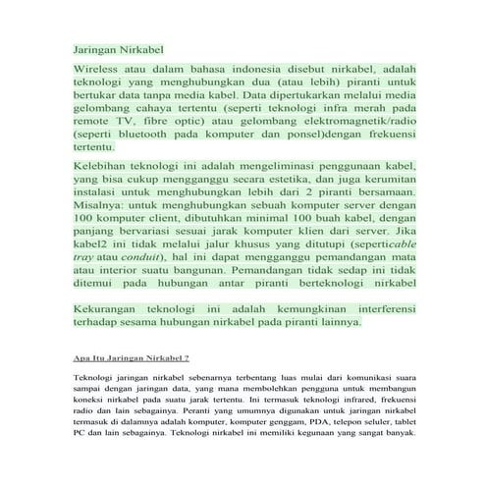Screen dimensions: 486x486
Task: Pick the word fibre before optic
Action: tap(166, 118)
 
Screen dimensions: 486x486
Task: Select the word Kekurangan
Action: tap(112, 308)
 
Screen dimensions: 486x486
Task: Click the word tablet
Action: tap(405, 423)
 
